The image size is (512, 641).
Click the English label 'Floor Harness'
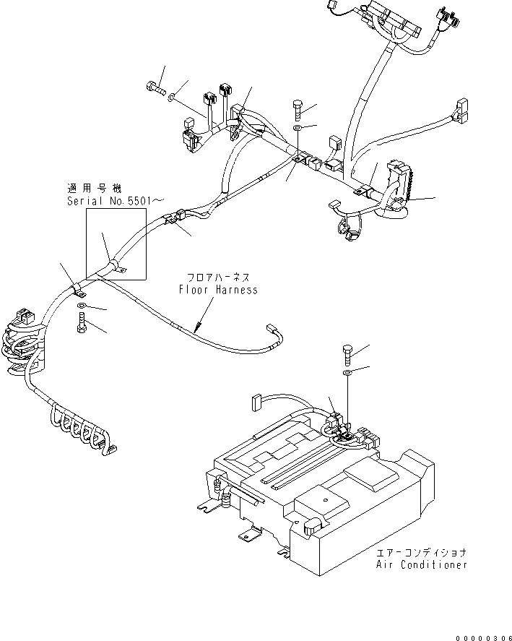tap(218, 290)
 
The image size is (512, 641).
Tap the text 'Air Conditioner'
tap(422, 564)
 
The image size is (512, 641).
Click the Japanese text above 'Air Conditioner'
tap(422, 553)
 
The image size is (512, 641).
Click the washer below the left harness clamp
tap(81, 309)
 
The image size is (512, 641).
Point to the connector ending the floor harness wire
tap(275, 332)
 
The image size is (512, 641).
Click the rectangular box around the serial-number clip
tap(116, 244)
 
